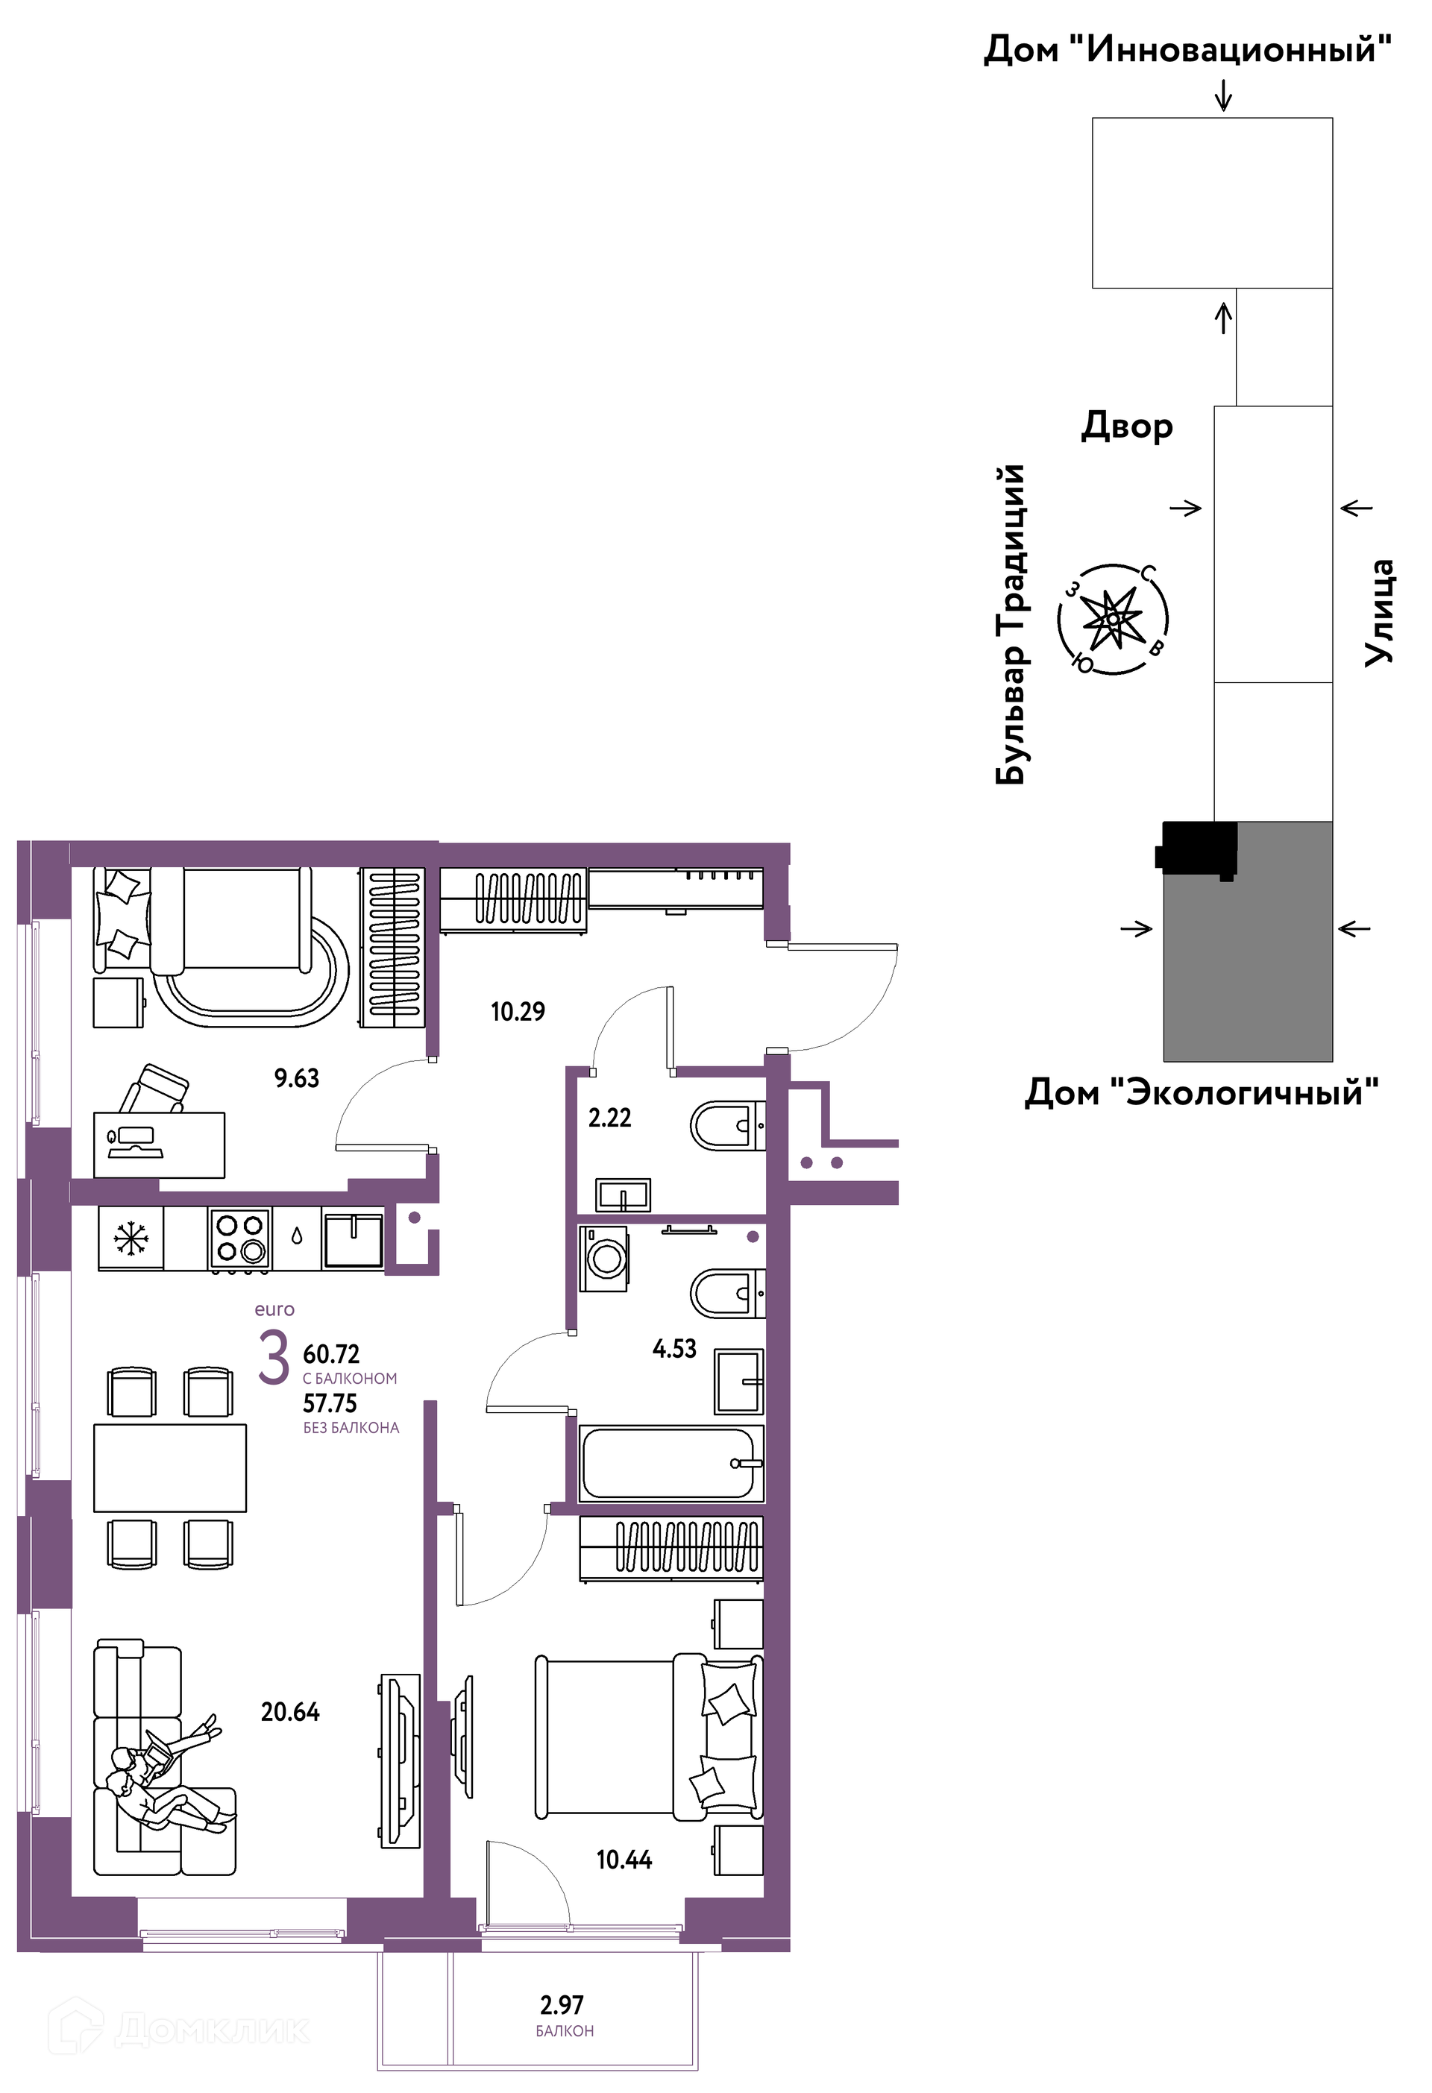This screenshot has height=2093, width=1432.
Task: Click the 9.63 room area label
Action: click(x=296, y=1078)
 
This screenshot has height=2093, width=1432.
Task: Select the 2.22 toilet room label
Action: click(x=610, y=1118)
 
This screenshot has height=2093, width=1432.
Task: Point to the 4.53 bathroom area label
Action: click(x=674, y=1348)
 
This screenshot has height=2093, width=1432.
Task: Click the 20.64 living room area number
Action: click(x=290, y=1711)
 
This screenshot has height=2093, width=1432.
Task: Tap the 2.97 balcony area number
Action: click(x=562, y=2005)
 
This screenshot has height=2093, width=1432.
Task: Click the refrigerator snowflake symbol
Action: click(x=131, y=1238)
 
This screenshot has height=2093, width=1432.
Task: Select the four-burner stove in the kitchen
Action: click(x=240, y=1239)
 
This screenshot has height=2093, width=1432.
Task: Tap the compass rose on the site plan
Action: click(x=1114, y=620)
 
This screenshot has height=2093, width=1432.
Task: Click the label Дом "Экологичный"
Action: click(x=1202, y=1093)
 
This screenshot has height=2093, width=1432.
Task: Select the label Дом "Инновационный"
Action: click(x=1187, y=48)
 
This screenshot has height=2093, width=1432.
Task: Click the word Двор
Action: click(x=1127, y=426)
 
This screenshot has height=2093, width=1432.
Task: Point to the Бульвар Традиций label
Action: click(x=1011, y=624)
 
